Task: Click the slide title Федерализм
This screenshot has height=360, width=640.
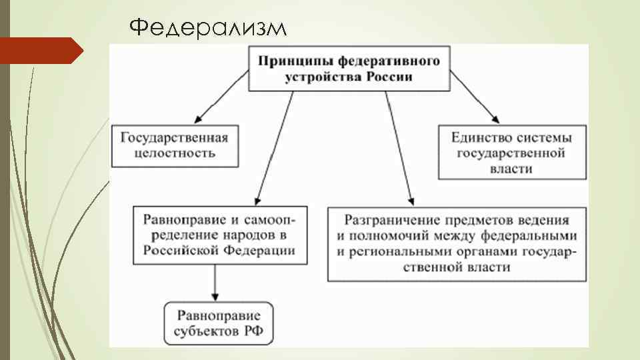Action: tap(208, 28)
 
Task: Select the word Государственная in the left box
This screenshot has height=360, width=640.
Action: tap(174, 138)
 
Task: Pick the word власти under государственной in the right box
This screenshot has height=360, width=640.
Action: tap(513, 169)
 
